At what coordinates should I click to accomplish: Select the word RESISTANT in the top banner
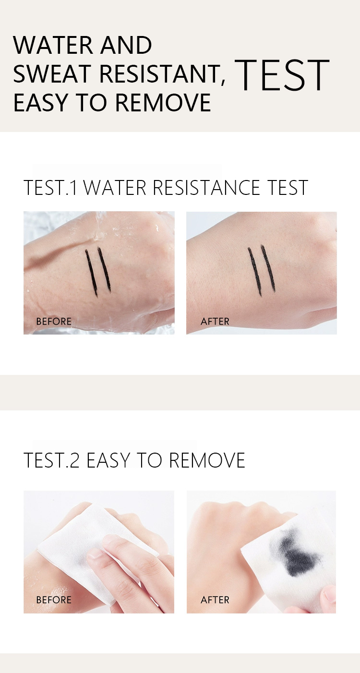click(160, 74)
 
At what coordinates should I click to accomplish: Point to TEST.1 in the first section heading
click(50, 188)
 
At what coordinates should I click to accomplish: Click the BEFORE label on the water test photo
click(54, 322)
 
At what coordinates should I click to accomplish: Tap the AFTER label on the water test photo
click(215, 322)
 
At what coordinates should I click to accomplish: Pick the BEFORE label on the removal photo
click(54, 600)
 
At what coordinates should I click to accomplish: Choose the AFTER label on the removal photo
click(215, 600)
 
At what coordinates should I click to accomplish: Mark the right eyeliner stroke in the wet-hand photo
click(105, 269)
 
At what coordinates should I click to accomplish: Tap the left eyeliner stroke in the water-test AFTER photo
click(254, 271)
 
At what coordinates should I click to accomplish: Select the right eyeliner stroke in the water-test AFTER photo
click(268, 269)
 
